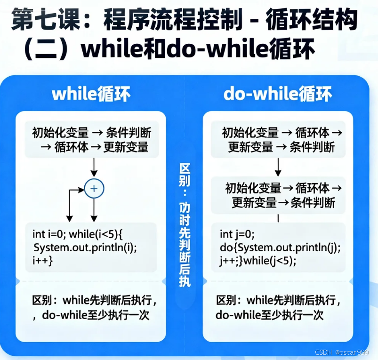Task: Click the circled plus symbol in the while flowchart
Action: click(x=94, y=189)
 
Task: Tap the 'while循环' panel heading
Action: click(x=91, y=94)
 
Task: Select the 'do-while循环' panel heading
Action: click(x=277, y=94)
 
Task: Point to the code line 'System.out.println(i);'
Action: click(x=88, y=247)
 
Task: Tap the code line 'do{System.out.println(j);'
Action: click(x=280, y=248)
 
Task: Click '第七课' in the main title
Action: click(x=38, y=21)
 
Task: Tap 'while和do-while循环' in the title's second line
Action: click(x=188, y=50)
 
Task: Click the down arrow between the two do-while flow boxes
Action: click(x=278, y=166)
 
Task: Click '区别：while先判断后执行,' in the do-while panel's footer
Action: click(x=279, y=300)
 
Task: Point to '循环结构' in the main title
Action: click(x=311, y=21)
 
